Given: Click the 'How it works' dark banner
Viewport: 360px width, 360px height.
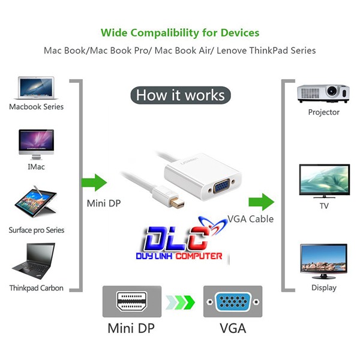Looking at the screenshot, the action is pyautogui.click(x=180, y=95).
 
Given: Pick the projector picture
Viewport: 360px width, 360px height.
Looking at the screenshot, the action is pyautogui.click(x=323, y=93).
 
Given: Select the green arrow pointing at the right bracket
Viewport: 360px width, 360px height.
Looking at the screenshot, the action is pyautogui.click(x=262, y=201).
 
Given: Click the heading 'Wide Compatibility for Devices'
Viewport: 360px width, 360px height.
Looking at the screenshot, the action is pyautogui.click(x=180, y=32).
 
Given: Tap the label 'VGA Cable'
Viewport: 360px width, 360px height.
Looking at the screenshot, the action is pyautogui.click(x=250, y=219).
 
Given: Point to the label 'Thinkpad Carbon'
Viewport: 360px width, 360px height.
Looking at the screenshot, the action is pyautogui.click(x=36, y=288).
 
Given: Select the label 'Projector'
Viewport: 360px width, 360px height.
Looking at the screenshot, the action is pyautogui.click(x=323, y=112).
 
